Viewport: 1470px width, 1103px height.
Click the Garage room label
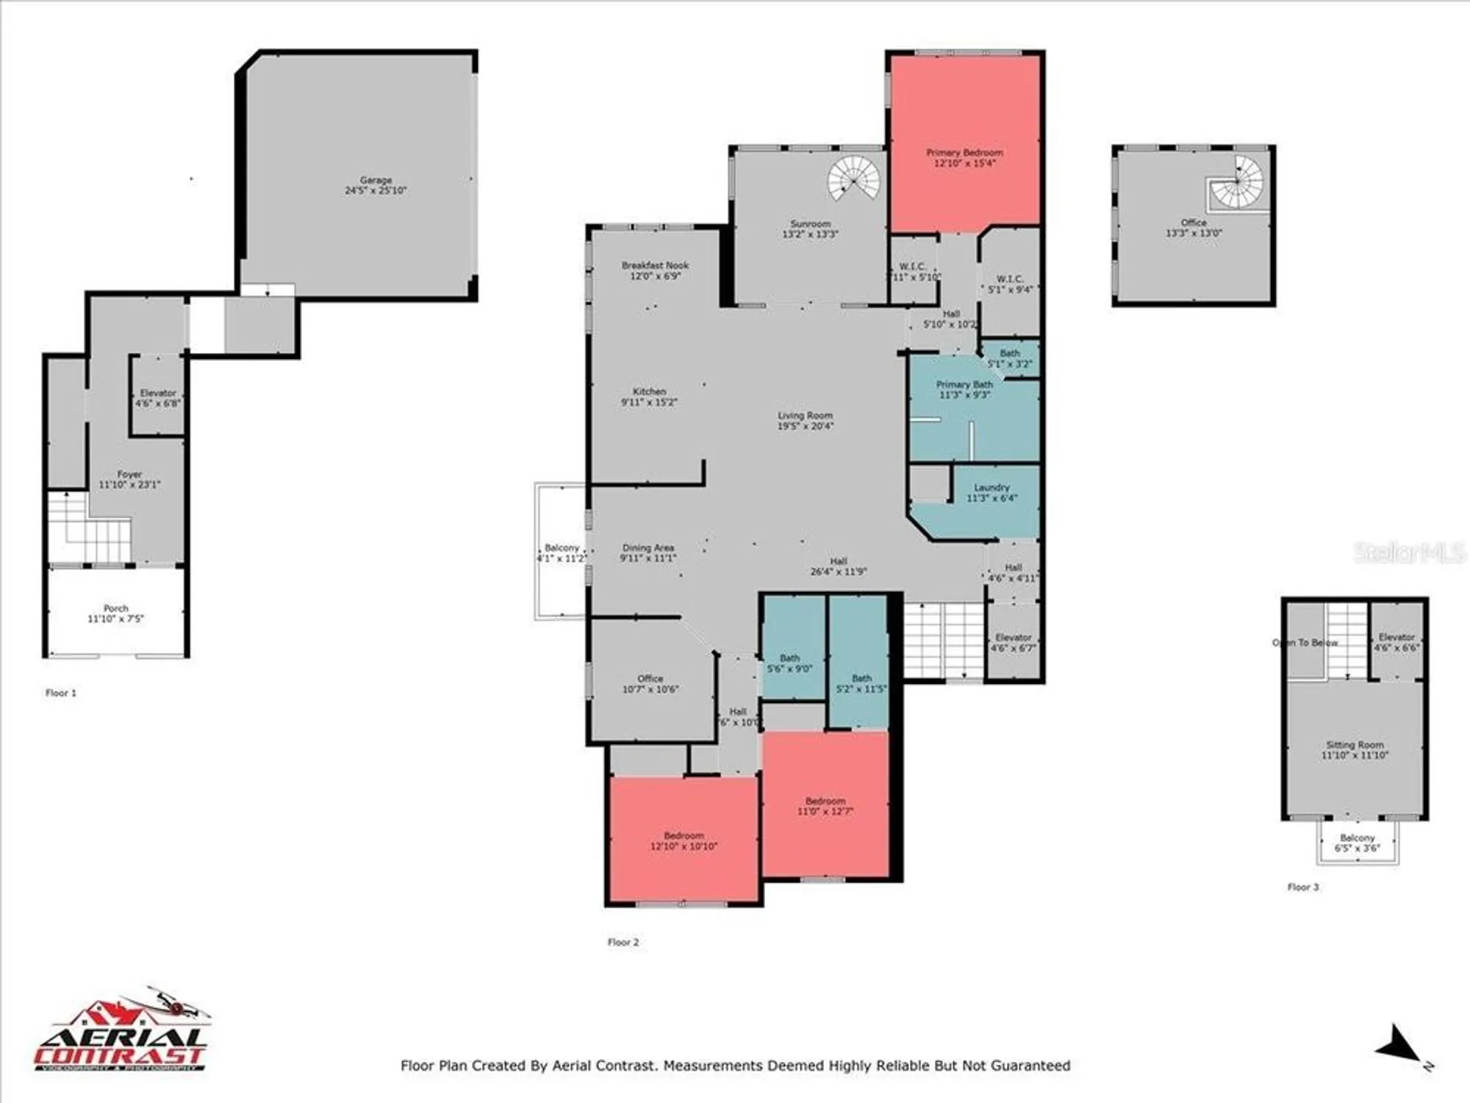376,180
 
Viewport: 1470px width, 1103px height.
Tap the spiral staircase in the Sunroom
854,179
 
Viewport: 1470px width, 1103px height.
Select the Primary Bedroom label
964,153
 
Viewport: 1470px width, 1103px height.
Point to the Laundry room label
992,488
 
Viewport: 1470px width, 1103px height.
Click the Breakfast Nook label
655,265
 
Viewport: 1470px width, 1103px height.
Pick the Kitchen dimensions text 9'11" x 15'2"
649,402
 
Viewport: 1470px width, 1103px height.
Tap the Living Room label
805,415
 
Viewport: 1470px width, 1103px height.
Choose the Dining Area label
648,548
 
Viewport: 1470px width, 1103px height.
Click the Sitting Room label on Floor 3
1355,745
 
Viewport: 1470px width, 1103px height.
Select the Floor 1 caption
61,693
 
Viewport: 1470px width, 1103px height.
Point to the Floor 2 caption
623,942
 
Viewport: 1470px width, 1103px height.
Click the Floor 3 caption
1303,887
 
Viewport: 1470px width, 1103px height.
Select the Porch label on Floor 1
116,608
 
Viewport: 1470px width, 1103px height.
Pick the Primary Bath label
964,385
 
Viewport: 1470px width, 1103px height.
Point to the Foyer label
129,474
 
